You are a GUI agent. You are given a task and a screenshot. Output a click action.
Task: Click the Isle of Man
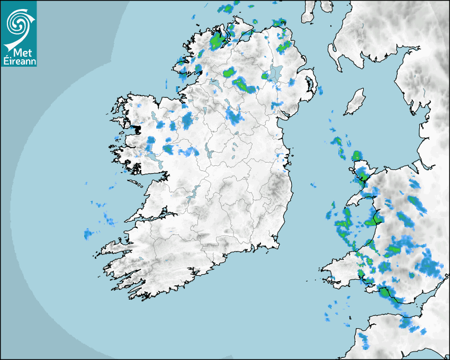[355, 102]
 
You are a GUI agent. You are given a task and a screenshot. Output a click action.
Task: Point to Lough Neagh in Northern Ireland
[275, 74]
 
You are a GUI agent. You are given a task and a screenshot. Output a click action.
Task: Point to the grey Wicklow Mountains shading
[275, 188]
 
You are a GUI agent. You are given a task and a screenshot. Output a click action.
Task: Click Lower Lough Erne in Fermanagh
[214, 84]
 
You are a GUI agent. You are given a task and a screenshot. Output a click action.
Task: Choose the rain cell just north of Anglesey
[357, 156]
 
